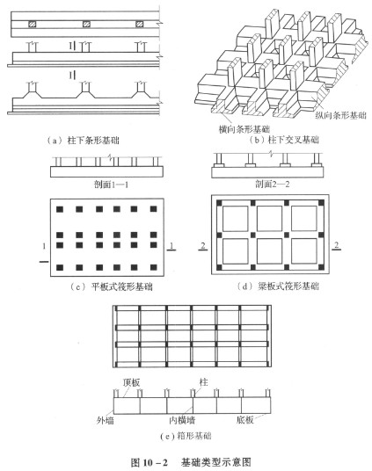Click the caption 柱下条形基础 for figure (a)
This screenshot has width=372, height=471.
pyautogui.click(x=93, y=141)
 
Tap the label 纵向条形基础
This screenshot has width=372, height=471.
pyautogui.click(x=340, y=115)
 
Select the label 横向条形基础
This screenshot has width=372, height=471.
pyautogui.click(x=244, y=129)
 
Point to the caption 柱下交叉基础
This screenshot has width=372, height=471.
pyautogui.click(x=293, y=140)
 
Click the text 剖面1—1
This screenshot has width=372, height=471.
pyautogui.click(x=112, y=185)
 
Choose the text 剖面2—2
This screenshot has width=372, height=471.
pyautogui.click(x=273, y=185)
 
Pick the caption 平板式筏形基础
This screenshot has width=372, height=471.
pyautogui.click(x=121, y=286)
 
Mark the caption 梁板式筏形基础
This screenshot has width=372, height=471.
pyautogui.click(x=288, y=286)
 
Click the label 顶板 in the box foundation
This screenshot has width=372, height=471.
pyautogui.click(x=131, y=382)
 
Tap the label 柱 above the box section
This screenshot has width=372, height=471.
pyautogui.click(x=204, y=382)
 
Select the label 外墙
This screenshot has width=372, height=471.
pyautogui.click(x=106, y=420)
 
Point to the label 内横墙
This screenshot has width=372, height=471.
pyautogui.click(x=182, y=420)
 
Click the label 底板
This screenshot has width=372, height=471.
pyautogui.click(x=244, y=420)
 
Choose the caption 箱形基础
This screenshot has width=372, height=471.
pyautogui.click(x=194, y=436)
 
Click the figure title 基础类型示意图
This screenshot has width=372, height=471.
pyautogui.click(x=215, y=462)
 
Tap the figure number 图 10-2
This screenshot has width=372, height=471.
pyautogui.click(x=150, y=462)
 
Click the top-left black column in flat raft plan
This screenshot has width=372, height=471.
pyautogui.click(x=60, y=209)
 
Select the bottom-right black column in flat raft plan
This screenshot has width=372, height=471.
pyautogui.click(x=153, y=267)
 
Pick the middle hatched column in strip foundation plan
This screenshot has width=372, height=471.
pyautogui.click(x=86, y=24)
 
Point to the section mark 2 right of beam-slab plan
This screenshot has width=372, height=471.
pyautogui.click(x=337, y=245)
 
